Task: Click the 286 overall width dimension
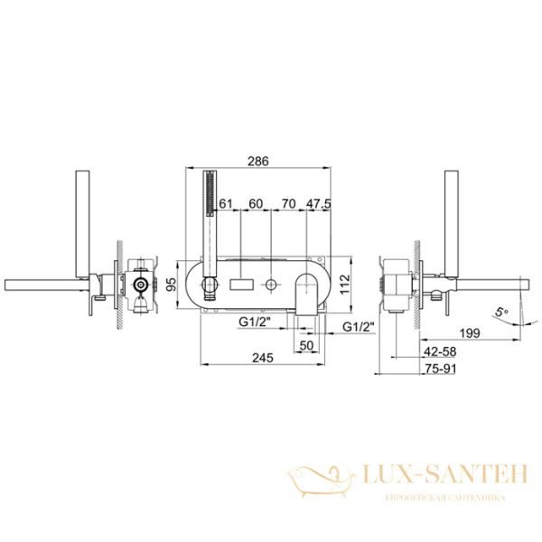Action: [x=258, y=162]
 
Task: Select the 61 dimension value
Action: [x=226, y=203]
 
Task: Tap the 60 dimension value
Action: [x=256, y=203]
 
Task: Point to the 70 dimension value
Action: [x=288, y=203]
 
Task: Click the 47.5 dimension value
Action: [x=318, y=203]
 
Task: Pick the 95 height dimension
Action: [x=172, y=285]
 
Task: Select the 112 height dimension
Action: [x=345, y=285]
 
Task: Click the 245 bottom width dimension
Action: [x=263, y=358]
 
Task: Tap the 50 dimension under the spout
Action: [x=306, y=345]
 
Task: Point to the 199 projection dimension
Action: [x=470, y=333]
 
